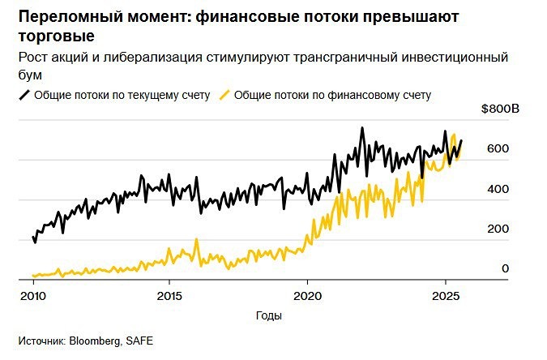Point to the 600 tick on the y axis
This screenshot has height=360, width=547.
pyautogui.click(x=497, y=148)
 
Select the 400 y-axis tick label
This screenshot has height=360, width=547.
pyautogui.click(x=497, y=188)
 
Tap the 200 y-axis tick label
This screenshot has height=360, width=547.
pyautogui.click(x=497, y=229)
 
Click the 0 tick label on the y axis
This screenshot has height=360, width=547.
pyautogui.click(x=505, y=268)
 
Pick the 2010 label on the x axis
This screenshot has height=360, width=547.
pyautogui.click(x=32, y=295)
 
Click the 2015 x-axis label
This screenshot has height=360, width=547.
pyautogui.click(x=169, y=295)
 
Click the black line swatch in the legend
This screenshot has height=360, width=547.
pyautogui.click(x=24, y=95)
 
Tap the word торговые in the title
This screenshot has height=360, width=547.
pyautogui.click(x=55, y=36)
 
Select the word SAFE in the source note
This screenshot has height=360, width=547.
pyautogui.click(x=138, y=341)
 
